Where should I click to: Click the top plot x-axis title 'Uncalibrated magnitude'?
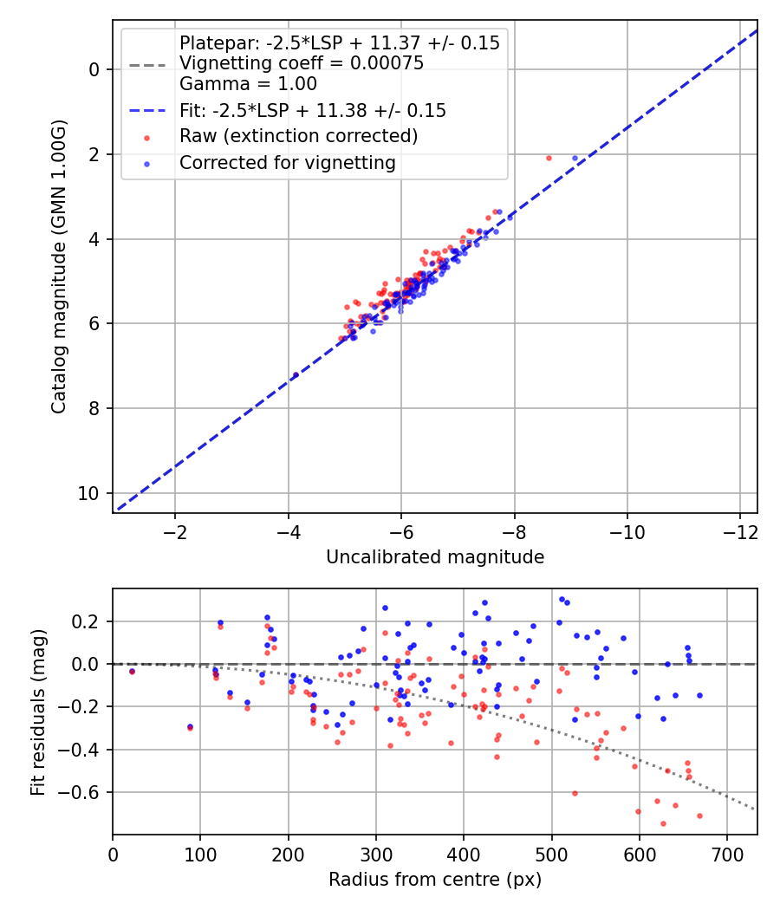tap(435, 557)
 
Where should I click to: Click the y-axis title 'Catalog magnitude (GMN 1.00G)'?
tap(58, 266)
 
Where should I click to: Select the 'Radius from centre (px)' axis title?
tap(435, 880)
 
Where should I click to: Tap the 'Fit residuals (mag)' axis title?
tap(37, 712)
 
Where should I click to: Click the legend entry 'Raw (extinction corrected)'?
tap(298, 136)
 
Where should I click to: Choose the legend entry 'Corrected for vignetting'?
tap(287, 162)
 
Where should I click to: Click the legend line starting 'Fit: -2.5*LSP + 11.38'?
tap(312, 110)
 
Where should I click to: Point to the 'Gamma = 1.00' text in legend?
tap(248, 84)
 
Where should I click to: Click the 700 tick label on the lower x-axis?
tap(726, 855)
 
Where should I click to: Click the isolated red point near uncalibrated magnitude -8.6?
tap(549, 158)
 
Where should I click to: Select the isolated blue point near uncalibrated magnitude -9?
tap(575, 158)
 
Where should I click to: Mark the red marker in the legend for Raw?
tap(147, 137)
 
